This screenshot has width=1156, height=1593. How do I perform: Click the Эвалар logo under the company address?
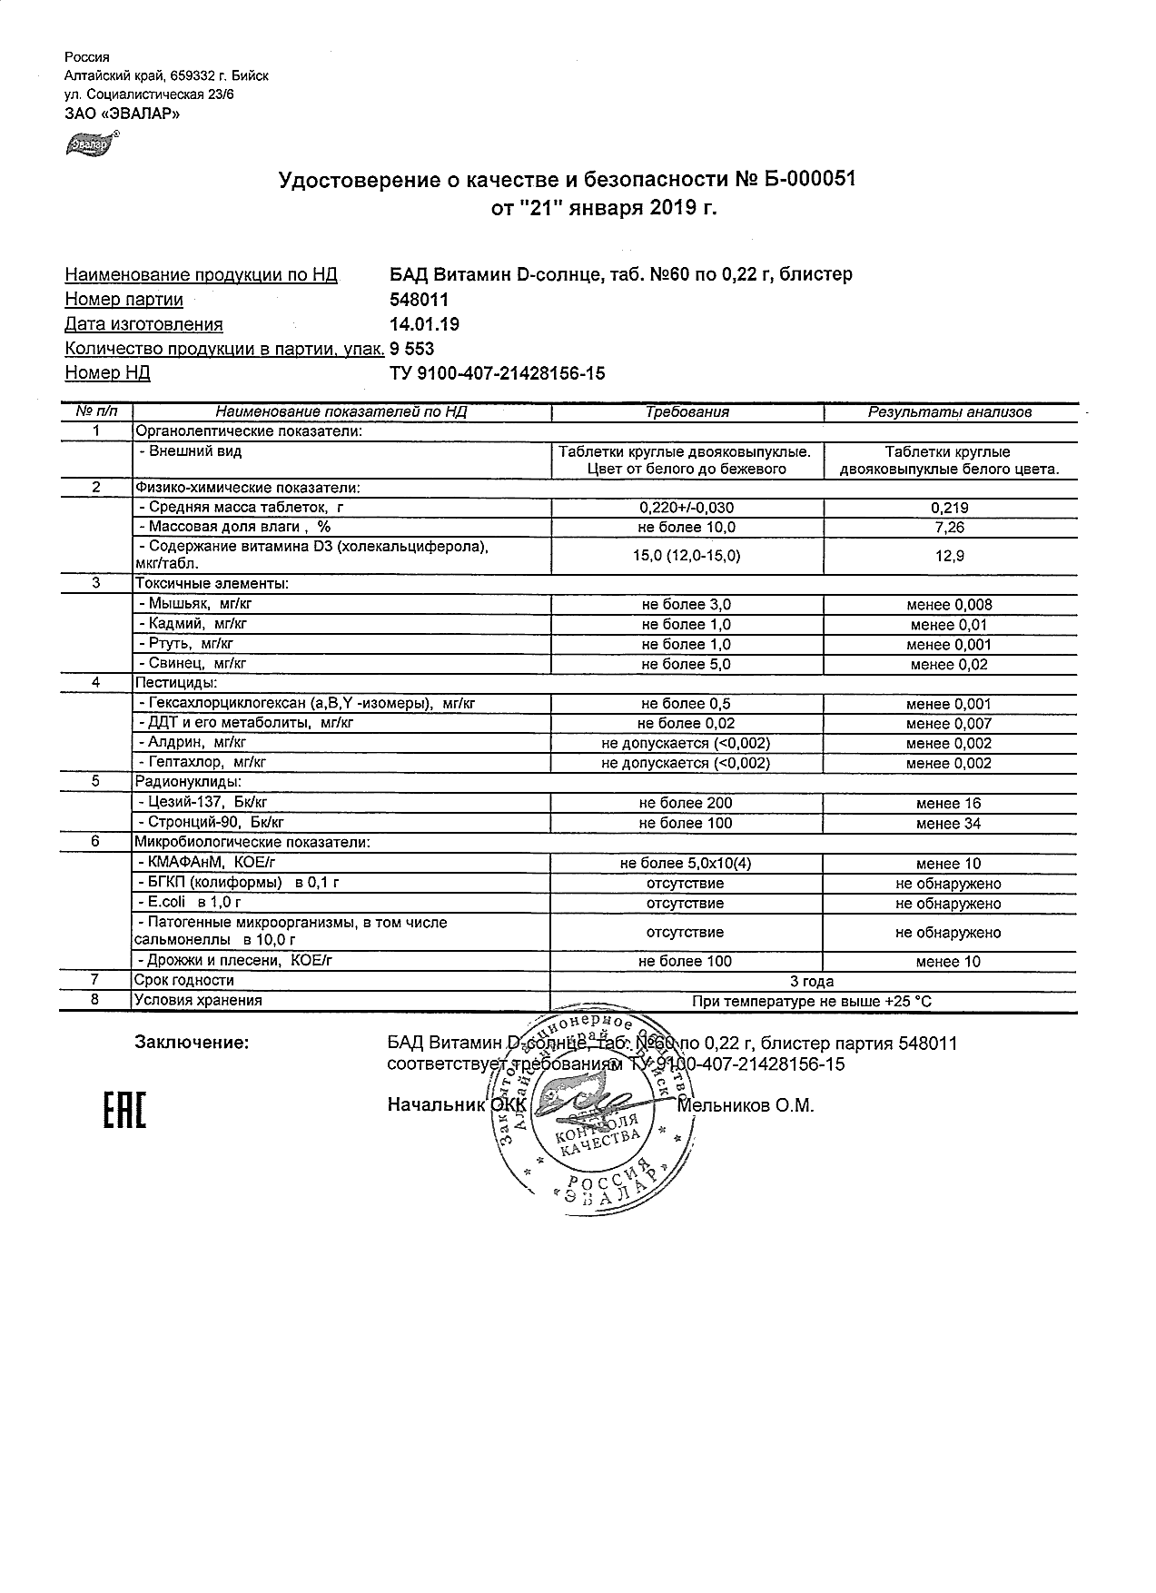[86, 143]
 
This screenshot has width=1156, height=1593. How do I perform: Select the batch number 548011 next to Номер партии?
[419, 300]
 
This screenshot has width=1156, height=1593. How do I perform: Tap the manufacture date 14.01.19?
[424, 324]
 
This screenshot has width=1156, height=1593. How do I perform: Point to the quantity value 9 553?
[411, 349]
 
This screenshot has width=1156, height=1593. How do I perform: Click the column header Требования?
[687, 412]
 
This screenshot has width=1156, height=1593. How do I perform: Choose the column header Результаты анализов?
[949, 412]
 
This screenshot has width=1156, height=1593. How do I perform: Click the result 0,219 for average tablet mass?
[949, 509]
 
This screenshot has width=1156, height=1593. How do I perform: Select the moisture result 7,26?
[949, 528]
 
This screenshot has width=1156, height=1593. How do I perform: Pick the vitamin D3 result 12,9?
[949, 556]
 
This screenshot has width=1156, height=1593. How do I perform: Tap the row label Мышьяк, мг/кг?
[184, 604]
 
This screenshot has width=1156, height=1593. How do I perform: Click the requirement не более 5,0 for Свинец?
[686, 664]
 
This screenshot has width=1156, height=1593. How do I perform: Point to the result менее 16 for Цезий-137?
[949, 804]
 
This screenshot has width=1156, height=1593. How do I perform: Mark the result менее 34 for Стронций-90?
[949, 824]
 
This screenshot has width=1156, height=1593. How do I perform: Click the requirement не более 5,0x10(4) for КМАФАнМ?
[686, 864]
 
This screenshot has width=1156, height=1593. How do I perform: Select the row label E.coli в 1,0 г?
[189, 903]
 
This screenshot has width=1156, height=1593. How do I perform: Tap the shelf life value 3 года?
[812, 981]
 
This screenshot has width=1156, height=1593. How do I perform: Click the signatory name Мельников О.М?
[746, 1105]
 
